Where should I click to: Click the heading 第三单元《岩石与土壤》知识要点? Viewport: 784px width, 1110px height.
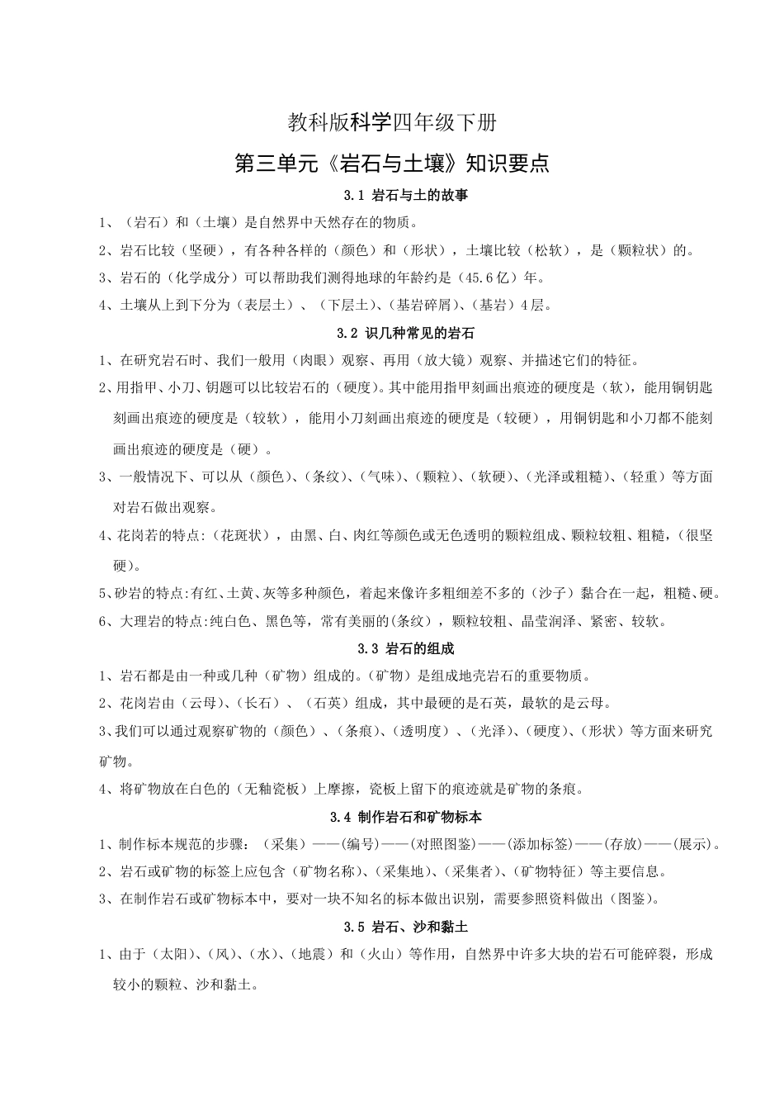392,164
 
